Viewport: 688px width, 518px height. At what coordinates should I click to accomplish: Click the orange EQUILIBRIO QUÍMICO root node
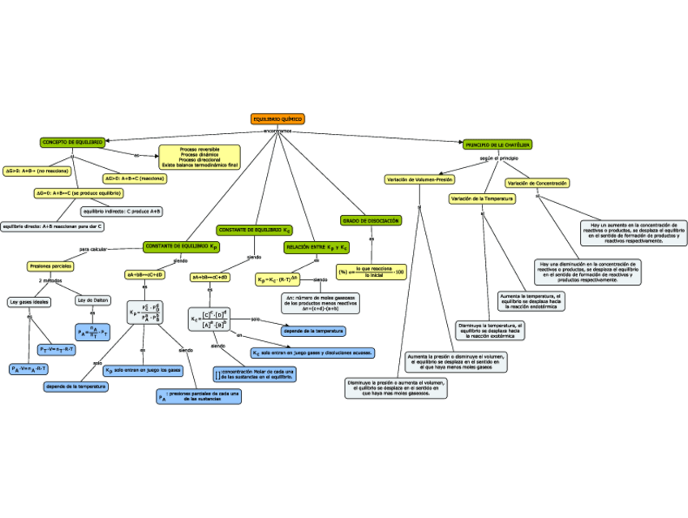click(x=277, y=119)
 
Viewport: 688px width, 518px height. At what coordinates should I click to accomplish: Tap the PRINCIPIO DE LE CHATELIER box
click(x=497, y=145)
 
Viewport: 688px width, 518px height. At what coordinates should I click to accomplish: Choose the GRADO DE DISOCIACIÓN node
click(x=371, y=221)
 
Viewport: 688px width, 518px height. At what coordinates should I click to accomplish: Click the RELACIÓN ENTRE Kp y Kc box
click(x=316, y=246)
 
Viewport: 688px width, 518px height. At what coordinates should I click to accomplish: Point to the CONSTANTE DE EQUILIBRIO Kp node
click(x=181, y=246)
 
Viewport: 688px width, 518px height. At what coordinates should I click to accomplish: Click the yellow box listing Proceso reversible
click(x=200, y=157)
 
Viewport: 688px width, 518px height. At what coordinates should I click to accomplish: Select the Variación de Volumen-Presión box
click(x=419, y=179)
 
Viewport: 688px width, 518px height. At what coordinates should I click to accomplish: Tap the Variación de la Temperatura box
click(x=482, y=198)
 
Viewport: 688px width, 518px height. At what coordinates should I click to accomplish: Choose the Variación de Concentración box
click(x=537, y=183)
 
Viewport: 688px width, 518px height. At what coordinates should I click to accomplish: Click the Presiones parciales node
click(x=50, y=265)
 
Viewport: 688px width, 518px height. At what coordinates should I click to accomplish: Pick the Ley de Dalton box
click(x=92, y=300)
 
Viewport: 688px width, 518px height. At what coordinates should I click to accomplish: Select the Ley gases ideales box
click(x=29, y=301)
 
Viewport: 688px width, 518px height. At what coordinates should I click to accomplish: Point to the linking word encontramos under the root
click(x=277, y=130)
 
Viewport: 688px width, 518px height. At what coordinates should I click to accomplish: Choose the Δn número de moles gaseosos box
click(x=320, y=303)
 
